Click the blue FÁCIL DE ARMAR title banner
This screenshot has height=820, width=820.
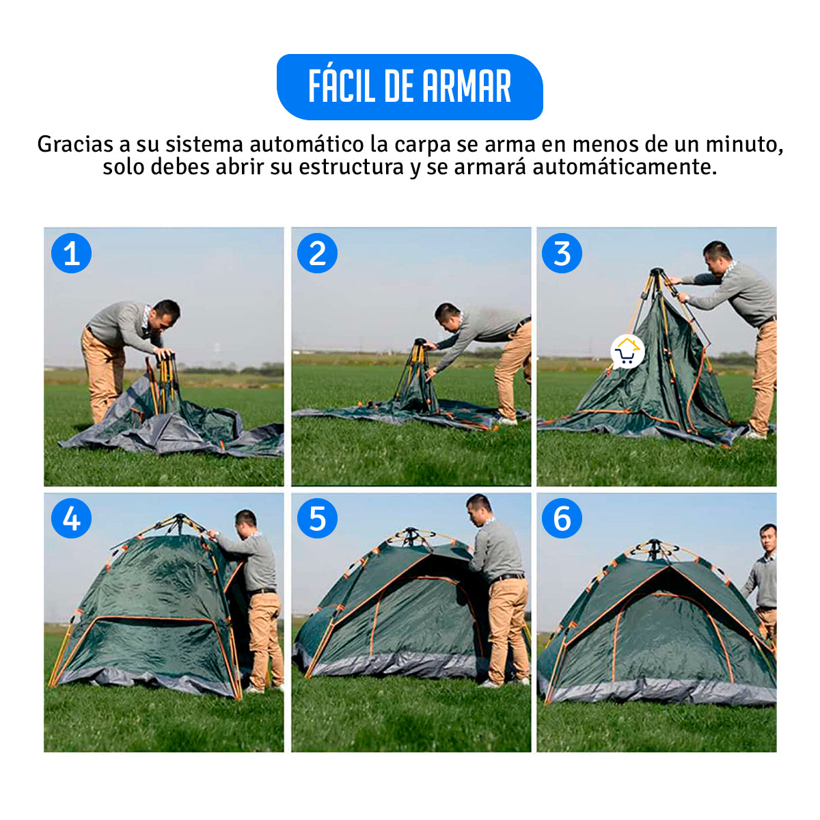(409, 87)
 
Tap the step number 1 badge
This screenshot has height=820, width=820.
(71, 254)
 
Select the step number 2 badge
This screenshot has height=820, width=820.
(317, 254)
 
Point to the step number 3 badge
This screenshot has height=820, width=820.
(562, 254)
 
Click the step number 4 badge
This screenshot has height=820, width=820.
(71, 518)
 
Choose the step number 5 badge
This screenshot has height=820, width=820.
(317, 518)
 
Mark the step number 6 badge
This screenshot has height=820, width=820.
(562, 518)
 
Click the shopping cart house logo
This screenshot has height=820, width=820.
(627, 352)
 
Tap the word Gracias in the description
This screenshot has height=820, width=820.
(75, 144)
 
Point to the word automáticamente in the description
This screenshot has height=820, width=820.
(625, 167)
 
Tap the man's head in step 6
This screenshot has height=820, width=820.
(767, 538)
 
